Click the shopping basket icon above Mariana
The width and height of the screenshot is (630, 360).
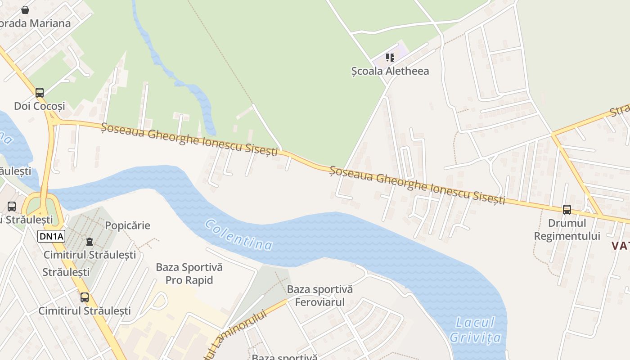[x=25, y=9]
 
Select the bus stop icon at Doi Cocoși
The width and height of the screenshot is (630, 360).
[x=40, y=93]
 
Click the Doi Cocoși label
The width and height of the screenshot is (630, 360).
[x=40, y=106]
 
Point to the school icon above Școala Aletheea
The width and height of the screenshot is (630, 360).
[x=390, y=58]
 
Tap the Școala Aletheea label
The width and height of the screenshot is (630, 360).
[x=390, y=71]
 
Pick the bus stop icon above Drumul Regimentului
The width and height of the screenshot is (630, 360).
[x=567, y=209]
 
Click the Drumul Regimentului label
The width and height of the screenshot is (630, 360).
[x=567, y=229]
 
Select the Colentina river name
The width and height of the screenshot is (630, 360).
[x=238, y=234]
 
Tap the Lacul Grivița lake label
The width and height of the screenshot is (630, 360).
[x=477, y=330]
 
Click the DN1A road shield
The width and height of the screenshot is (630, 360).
[x=51, y=236]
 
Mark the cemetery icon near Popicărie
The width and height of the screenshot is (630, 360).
[x=90, y=242]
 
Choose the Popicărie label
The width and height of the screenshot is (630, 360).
[x=127, y=225]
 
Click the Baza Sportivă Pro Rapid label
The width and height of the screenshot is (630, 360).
[x=189, y=274]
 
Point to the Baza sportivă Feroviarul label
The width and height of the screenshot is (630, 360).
[x=319, y=296]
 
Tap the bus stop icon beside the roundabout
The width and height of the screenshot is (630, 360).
[x=12, y=207]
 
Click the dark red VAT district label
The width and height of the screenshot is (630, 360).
[x=620, y=246]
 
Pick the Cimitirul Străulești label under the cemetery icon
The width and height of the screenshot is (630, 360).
[x=90, y=255]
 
